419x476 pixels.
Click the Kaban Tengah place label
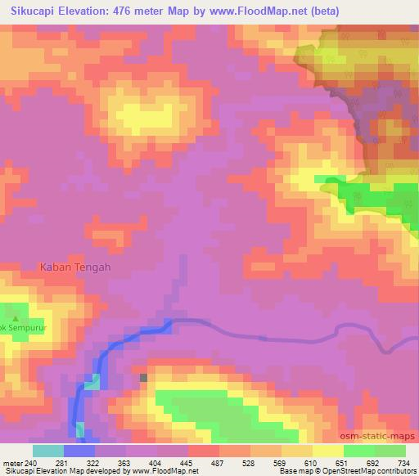coord(74,266)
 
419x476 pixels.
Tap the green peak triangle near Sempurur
coord(15,317)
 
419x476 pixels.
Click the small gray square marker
coord(144,377)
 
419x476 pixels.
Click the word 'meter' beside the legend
coord(12,463)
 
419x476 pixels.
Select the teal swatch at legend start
coord(47,451)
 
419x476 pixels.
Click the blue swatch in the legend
coord(79,451)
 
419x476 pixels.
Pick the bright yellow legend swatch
coord(327,451)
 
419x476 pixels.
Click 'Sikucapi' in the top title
coord(30,11)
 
